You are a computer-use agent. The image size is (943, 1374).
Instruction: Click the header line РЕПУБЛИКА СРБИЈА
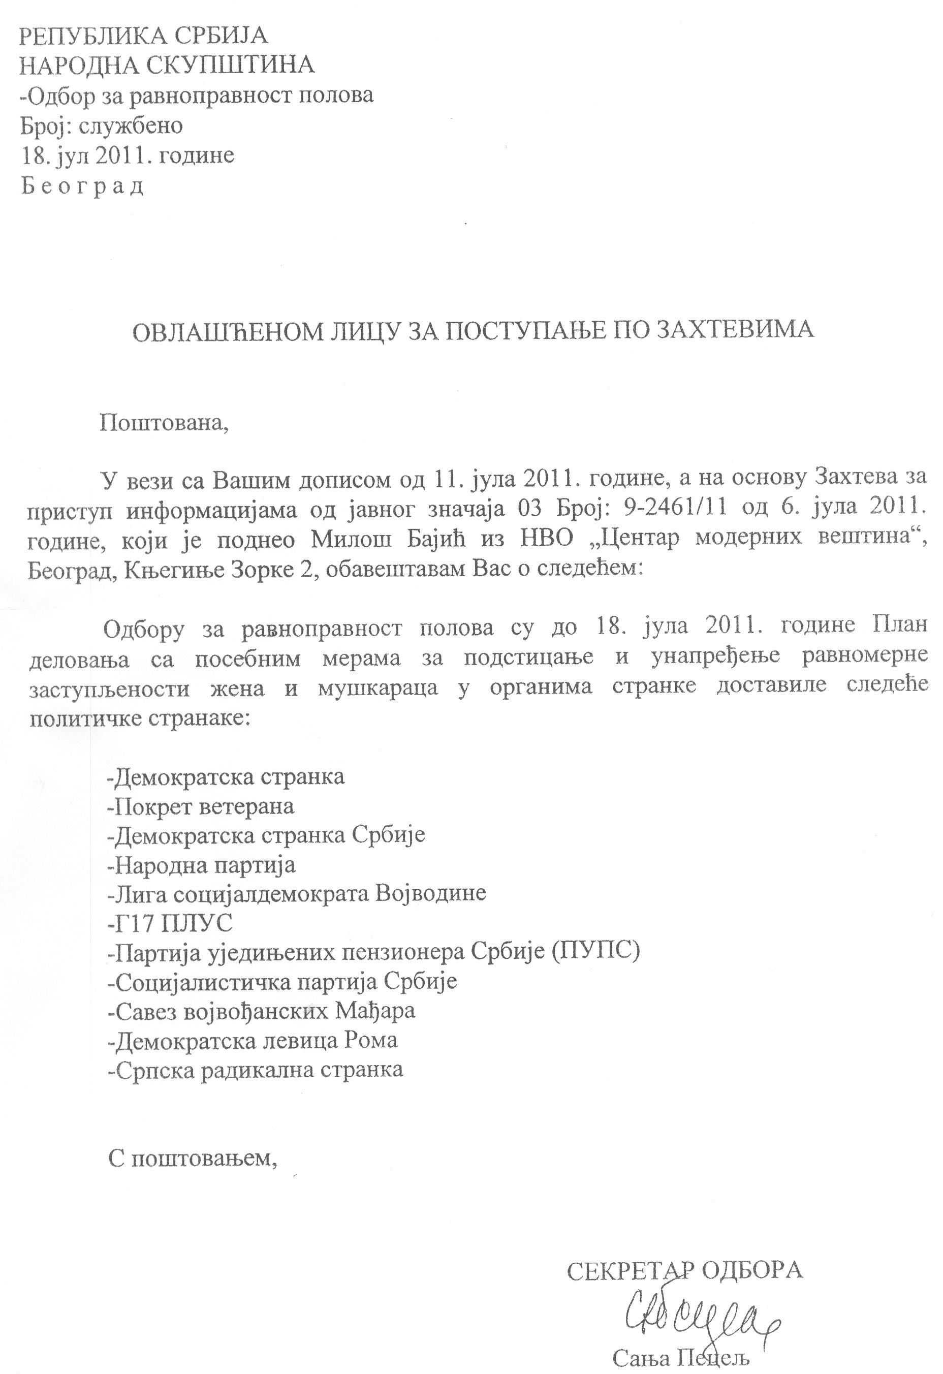[144, 37]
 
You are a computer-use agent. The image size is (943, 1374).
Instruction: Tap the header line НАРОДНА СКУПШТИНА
[167, 65]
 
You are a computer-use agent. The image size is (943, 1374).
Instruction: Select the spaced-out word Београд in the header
[83, 187]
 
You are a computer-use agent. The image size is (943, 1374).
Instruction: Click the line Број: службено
[102, 126]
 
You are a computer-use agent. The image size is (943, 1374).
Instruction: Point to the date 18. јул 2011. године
[128, 155]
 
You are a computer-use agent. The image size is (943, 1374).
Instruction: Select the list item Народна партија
[202, 865]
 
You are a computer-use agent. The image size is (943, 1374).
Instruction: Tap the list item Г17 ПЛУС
[170, 923]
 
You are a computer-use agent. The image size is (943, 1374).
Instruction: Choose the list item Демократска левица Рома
[253, 1040]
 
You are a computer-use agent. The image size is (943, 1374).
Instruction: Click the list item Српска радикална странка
[256, 1069]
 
